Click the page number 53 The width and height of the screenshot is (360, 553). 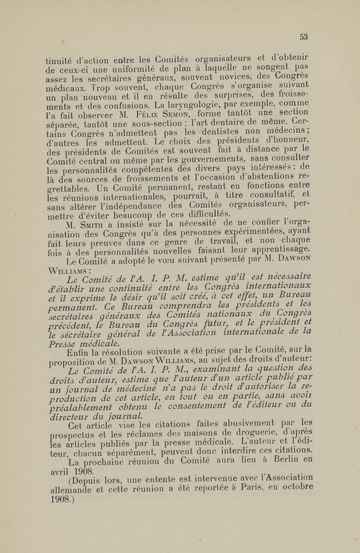[x=304, y=37]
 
